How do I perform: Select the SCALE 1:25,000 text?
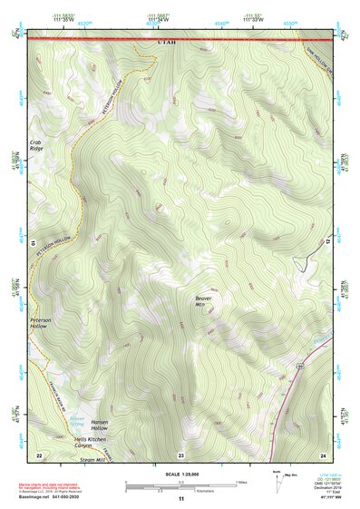pyautogui.click(x=180, y=474)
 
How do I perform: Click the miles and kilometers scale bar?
pyautogui.click(x=180, y=484)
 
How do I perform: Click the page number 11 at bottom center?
pyautogui.click(x=180, y=498)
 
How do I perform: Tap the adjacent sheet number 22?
pyautogui.click(x=39, y=454)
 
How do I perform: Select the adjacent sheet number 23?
pyautogui.click(x=180, y=454)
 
